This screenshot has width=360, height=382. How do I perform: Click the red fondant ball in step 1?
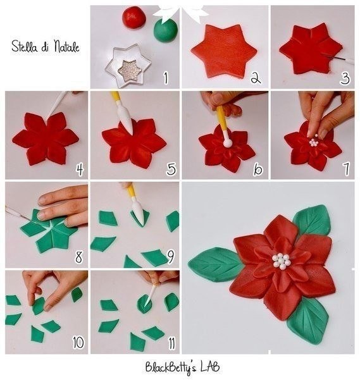134,17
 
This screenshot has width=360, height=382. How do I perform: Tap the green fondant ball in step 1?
166,30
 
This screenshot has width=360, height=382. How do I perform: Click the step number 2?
255,78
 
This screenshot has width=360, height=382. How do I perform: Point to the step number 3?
345,78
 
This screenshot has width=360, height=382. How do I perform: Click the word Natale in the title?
66,46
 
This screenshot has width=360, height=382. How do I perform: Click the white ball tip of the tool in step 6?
228,143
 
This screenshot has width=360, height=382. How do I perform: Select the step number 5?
171,169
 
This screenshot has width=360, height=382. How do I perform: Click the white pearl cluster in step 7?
314,142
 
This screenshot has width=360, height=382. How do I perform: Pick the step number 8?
78,257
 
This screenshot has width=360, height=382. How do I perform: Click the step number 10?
78,342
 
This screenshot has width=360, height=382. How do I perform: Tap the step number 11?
171,343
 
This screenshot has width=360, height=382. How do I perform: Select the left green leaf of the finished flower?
216,264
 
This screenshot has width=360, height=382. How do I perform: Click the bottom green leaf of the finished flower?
307,321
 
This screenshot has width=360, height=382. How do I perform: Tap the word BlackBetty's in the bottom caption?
171,367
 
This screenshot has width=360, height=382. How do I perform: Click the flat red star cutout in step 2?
224,51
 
